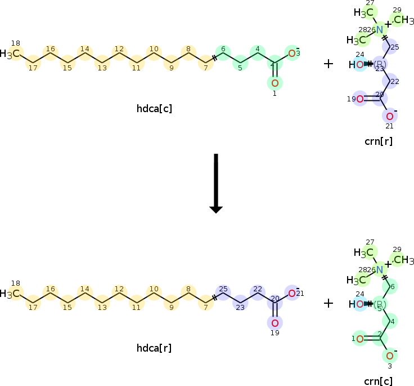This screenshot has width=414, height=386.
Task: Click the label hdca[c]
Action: [x=154, y=108]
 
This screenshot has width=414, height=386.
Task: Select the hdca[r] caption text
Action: [x=154, y=348]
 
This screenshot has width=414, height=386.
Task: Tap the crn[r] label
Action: [x=378, y=141]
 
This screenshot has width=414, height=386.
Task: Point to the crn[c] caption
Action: [x=378, y=381]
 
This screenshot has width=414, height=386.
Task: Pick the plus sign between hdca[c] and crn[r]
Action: [x=328, y=64]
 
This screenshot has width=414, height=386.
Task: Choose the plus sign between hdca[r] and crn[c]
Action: [x=328, y=304]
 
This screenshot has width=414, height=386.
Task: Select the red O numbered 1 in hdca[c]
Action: [x=274, y=83]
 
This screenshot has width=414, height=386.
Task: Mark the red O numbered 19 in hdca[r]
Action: [x=274, y=323]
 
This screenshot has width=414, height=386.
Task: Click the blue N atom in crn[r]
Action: [x=379, y=29]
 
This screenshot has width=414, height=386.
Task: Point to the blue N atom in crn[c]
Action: [x=379, y=269]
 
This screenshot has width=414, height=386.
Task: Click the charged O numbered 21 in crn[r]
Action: [x=389, y=116]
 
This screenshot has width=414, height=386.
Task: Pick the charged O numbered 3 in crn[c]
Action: [x=389, y=356]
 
